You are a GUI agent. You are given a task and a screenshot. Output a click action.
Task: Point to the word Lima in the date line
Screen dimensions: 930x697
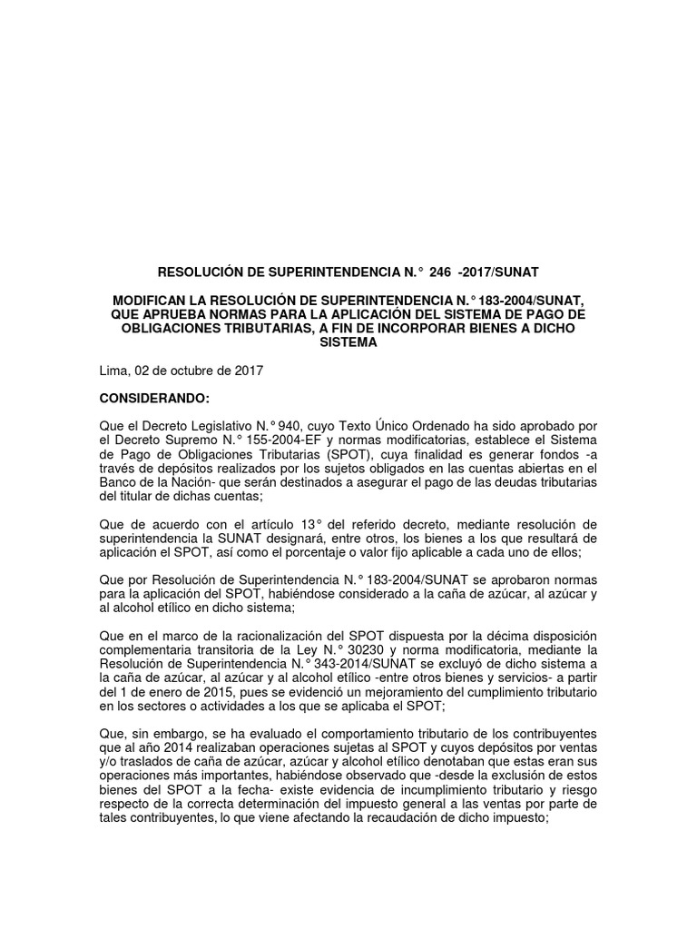(112, 371)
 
